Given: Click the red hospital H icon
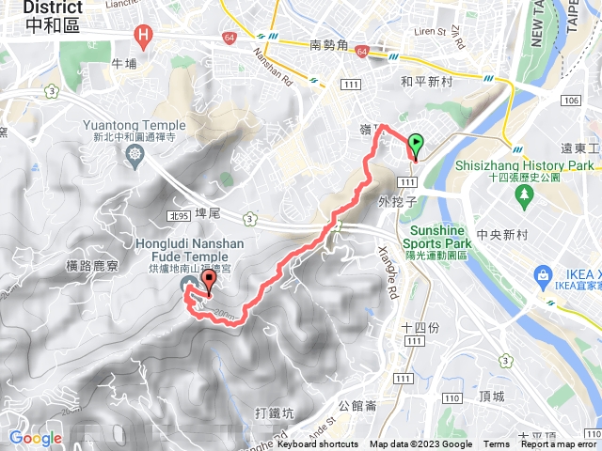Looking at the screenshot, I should click(x=143, y=38).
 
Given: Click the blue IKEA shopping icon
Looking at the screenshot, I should click(x=543, y=275).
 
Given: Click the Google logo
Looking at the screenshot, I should click(x=35, y=438).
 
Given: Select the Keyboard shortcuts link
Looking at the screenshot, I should click(x=318, y=444).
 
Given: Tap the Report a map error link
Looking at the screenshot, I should click(x=561, y=444).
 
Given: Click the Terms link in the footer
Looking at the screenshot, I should click(x=497, y=444).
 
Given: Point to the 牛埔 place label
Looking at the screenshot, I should click(x=124, y=64).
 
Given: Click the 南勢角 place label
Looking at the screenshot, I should click(x=329, y=44).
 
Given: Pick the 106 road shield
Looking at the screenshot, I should click(x=569, y=100).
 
